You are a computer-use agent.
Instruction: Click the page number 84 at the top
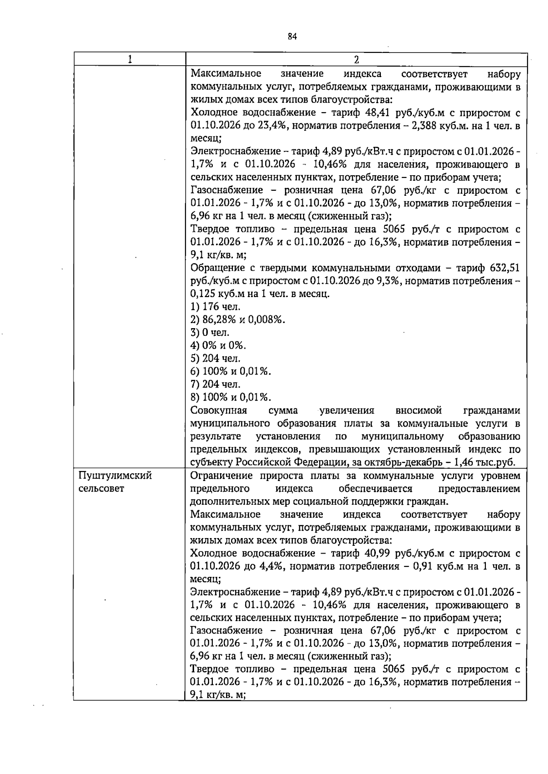(293, 37)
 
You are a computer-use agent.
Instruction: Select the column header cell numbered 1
(130, 59)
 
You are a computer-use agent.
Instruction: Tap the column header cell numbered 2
(356, 59)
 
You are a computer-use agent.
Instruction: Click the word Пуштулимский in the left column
(115, 476)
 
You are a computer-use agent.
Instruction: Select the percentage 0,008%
(268, 319)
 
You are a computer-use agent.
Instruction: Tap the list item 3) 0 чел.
(210, 332)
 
